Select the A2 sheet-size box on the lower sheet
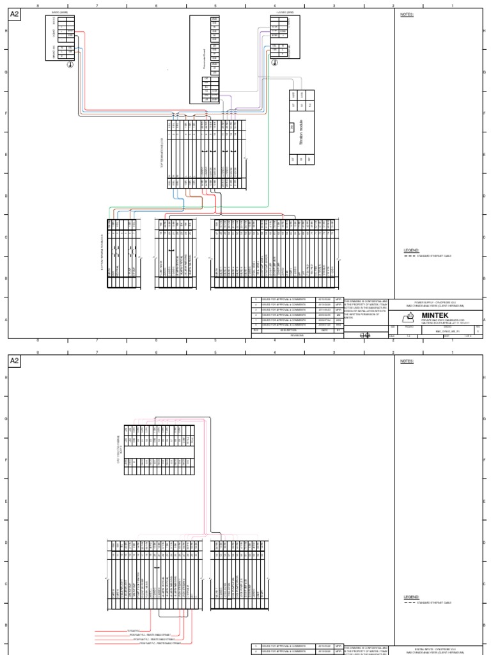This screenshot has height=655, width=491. (x=15, y=361)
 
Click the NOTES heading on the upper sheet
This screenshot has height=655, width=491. (x=407, y=15)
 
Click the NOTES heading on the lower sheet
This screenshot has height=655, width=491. (x=407, y=361)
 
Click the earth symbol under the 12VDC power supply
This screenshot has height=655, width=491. (x=279, y=63)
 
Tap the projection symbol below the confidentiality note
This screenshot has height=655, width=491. (x=365, y=335)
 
